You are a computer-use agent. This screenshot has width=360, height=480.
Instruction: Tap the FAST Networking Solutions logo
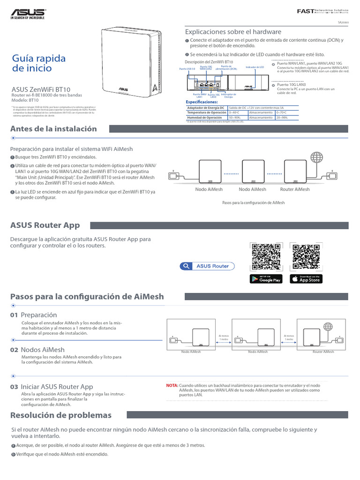click(323, 11)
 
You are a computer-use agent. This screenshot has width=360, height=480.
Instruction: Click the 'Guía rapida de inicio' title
click(38, 63)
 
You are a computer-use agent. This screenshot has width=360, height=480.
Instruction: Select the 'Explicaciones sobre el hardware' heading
click(233, 32)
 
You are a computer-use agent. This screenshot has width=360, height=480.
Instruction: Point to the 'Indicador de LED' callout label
click(255, 67)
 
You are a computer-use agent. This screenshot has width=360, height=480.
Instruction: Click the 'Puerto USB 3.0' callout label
click(188, 68)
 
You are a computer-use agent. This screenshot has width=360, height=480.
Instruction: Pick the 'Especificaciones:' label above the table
click(202, 102)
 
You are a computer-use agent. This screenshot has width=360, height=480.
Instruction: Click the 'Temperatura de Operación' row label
click(206, 112)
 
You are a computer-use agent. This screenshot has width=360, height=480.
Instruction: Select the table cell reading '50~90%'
click(234, 118)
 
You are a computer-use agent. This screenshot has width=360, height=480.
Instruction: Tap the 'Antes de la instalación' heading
click(53, 129)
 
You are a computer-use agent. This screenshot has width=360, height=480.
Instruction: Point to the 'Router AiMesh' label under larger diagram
click(295, 189)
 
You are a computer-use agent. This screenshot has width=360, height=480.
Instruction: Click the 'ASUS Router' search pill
click(208, 266)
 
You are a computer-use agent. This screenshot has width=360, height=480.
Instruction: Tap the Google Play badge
click(266, 279)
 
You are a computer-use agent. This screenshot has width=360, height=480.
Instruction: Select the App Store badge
click(305, 279)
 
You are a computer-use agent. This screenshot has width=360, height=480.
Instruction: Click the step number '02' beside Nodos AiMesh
click(14, 350)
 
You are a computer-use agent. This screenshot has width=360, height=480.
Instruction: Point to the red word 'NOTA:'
click(172, 385)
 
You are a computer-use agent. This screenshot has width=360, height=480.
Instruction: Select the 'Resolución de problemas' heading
click(61, 415)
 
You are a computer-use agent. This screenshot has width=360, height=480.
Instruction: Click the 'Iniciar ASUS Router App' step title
click(57, 387)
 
